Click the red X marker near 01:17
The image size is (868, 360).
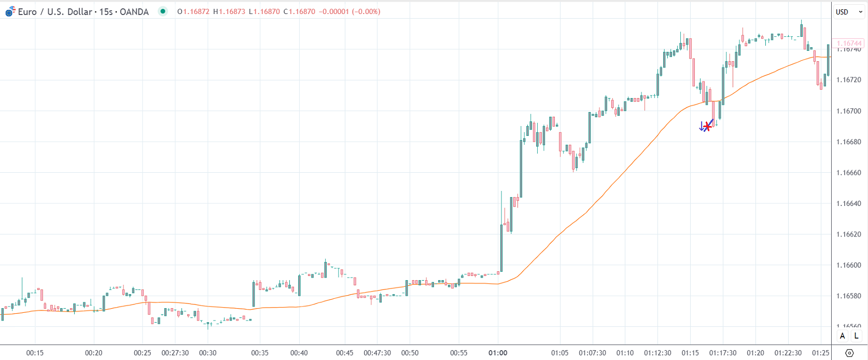pos(707,127)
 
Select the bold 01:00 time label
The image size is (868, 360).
pos(498,353)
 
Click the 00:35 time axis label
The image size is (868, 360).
pos(260,353)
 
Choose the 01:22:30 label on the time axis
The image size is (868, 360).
pos(788,353)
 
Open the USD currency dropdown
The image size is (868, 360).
pos(848,12)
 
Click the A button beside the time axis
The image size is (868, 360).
pos(842,336)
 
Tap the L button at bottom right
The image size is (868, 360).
pos(856,336)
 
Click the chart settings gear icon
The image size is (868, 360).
pos(849,353)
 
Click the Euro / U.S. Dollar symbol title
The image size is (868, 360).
pos(55,11)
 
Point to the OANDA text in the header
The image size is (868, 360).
pos(134,11)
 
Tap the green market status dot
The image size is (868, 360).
pos(163,11)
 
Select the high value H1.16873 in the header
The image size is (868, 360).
pos(229,11)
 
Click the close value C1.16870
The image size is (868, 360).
pos(299,11)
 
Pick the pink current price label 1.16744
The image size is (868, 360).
pos(848,44)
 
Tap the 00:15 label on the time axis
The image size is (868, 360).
pos(35,353)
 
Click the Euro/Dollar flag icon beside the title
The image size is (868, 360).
pos(10,11)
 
